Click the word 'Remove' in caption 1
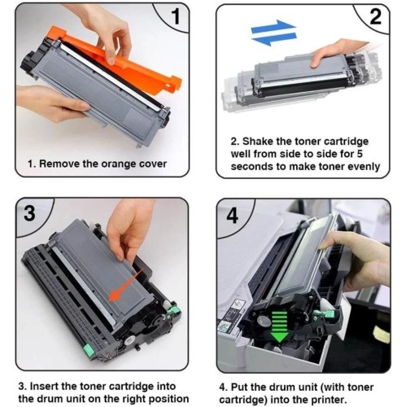[x=59, y=164]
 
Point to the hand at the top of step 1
[x=102, y=24]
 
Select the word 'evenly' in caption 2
[x=360, y=166]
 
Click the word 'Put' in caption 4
[x=241, y=385]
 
